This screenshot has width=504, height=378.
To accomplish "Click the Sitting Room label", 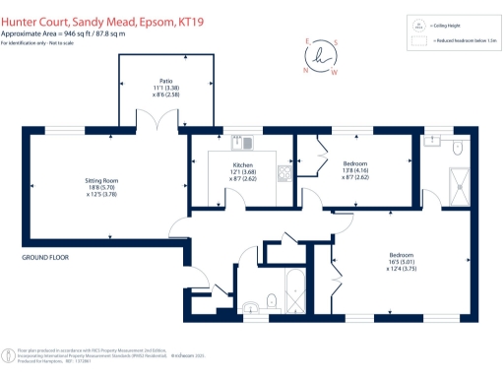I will (101, 181).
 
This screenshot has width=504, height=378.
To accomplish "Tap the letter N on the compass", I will (304, 60).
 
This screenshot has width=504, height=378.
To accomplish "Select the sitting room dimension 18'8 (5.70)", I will (101, 188).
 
